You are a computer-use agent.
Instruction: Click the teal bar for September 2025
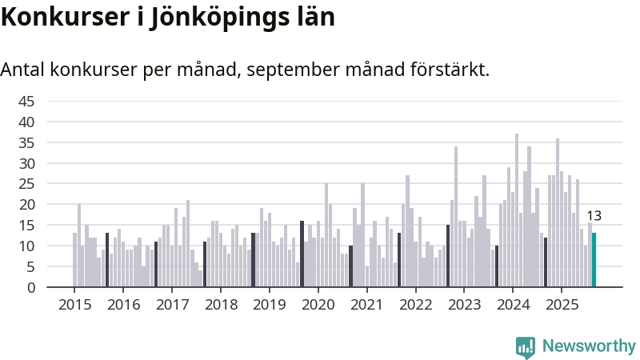point(594,260)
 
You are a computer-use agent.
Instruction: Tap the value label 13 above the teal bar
point(594,216)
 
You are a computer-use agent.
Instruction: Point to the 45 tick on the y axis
point(26,101)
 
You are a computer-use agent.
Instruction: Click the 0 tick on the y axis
point(30,287)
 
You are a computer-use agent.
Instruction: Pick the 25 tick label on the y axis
point(26,184)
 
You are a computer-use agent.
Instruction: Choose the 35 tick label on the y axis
point(26,142)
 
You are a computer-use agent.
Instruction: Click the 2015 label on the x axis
point(75,305)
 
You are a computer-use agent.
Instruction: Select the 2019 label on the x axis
point(270,305)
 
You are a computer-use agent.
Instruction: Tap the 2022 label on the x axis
point(416,305)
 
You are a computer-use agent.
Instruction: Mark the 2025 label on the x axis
point(562,305)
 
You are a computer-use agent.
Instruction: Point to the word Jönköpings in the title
point(222,17)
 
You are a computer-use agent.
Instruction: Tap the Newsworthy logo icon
point(526,346)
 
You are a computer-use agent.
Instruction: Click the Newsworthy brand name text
point(589,346)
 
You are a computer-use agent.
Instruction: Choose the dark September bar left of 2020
point(302,254)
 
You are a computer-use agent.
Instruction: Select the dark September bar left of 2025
point(546,262)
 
